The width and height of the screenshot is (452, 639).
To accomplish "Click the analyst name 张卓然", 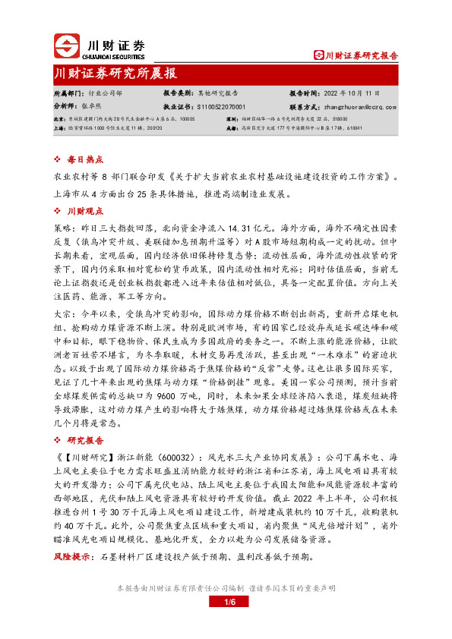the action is point(91,107).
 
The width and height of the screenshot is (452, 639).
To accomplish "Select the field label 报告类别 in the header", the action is point(177,93).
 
